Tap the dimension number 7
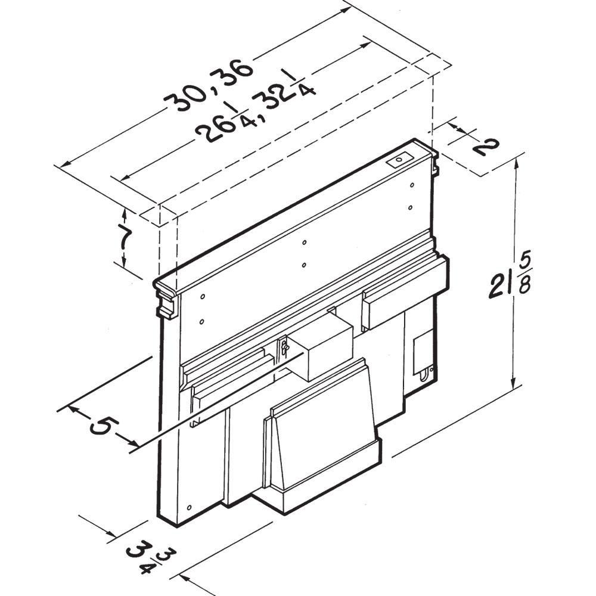point(123,238)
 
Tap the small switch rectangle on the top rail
point(398,160)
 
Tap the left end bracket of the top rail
point(167,301)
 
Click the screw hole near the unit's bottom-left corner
point(188,507)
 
